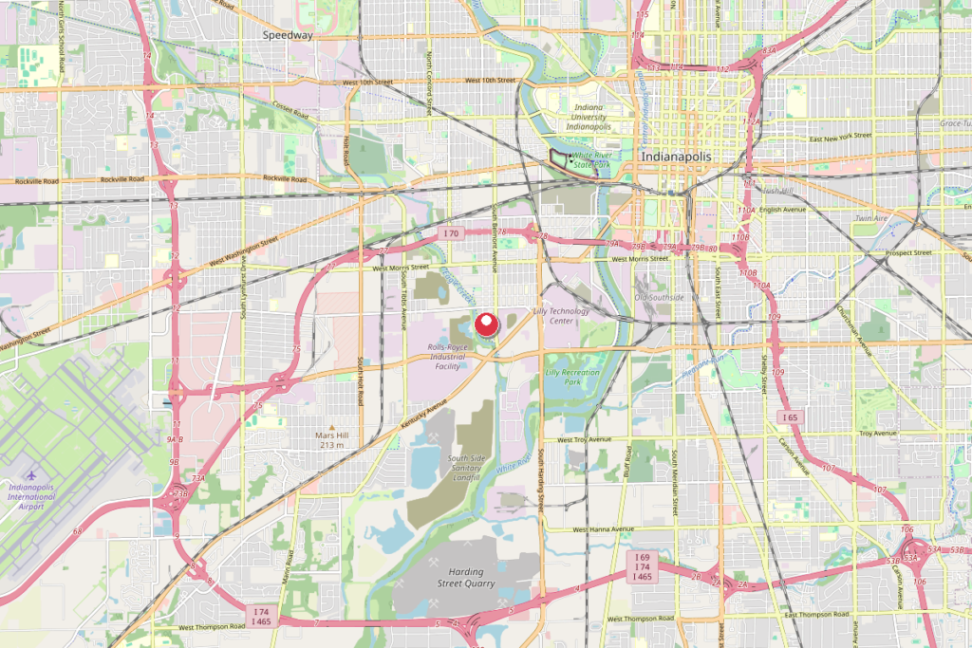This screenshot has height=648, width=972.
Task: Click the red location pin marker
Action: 486,324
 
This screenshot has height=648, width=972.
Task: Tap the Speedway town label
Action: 289,35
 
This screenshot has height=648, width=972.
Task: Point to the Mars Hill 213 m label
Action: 332,439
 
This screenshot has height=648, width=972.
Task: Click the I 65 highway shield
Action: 789,417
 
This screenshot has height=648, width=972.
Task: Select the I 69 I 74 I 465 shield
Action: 643,566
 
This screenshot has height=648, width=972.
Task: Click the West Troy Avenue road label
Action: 583,440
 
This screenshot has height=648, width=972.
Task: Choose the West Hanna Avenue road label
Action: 603,528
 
